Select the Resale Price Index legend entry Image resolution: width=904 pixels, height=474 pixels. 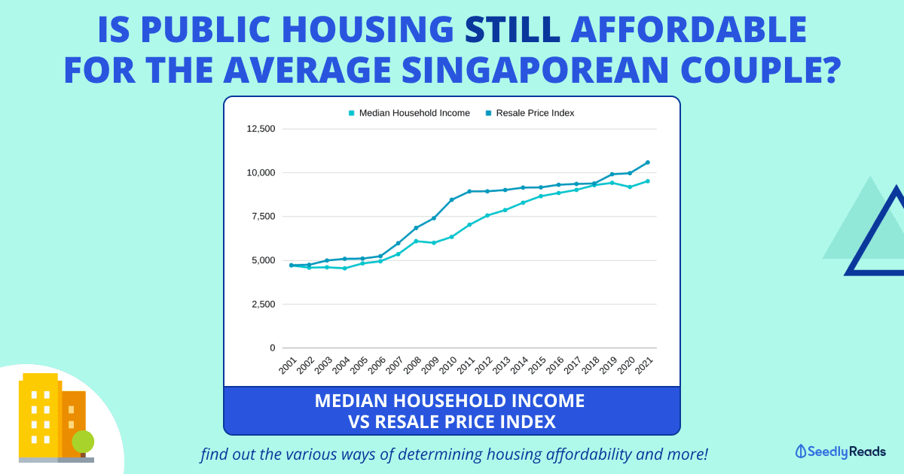click(535, 113)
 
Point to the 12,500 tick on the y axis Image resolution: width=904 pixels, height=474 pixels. click(261, 129)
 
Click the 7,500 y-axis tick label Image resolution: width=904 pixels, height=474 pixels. click(263, 217)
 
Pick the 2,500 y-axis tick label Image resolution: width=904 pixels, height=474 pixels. click(263, 304)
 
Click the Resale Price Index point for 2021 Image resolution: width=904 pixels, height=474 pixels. click(647, 163)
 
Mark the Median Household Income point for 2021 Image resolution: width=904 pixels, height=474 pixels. click(647, 181)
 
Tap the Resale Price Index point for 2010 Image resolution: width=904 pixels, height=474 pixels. click(452, 199)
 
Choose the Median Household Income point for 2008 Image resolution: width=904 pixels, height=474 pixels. click(416, 241)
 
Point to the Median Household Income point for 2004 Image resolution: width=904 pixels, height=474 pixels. click(344, 268)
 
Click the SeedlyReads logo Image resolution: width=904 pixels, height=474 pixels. click(840, 451)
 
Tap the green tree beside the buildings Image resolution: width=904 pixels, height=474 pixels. click(83, 442)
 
